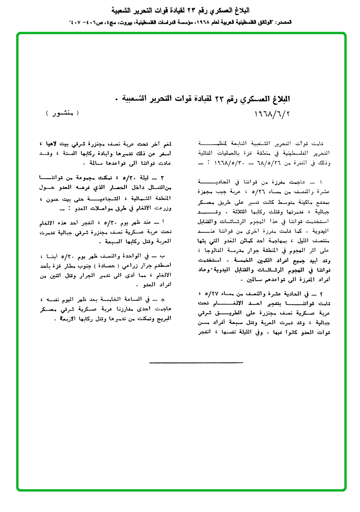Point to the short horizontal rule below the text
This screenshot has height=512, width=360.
[182, 362]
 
